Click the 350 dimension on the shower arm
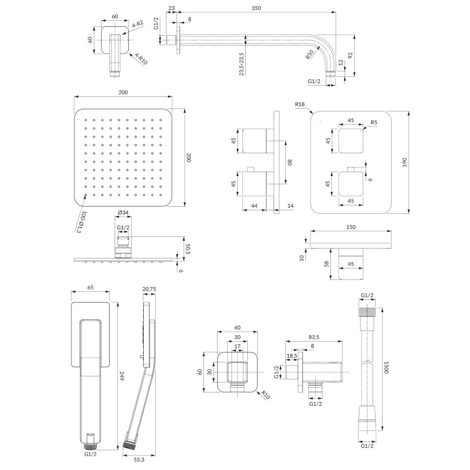[256, 8]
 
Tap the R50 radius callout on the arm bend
[310, 54]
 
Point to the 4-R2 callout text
[138, 24]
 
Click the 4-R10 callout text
[141, 59]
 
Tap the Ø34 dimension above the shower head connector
[123, 212]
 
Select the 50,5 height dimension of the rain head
[188, 249]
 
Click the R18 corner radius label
[300, 104]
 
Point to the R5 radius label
[374, 122]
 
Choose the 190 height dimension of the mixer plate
[405, 162]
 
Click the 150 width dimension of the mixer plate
[351, 227]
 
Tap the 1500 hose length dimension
[386, 367]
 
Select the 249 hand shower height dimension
[122, 376]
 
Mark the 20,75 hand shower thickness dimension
[149, 289]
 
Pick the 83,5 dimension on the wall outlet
[313, 337]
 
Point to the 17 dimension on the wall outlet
[237, 346]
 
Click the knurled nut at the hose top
[368, 312]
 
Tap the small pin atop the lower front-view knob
[351, 169]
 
